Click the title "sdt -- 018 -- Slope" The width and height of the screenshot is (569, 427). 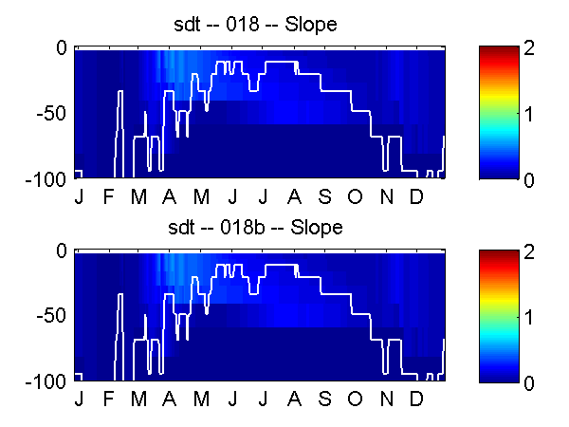255,25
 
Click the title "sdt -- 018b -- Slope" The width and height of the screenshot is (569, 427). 255,228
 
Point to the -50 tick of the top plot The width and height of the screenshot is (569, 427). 51,113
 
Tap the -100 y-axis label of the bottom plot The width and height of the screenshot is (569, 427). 46,382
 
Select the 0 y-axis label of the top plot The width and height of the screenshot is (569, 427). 62,48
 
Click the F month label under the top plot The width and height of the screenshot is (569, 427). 108,196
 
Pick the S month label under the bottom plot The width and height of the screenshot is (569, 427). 324,399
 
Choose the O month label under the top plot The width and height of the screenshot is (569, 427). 355,196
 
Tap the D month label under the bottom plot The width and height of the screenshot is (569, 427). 416,399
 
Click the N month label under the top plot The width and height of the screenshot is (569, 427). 387,196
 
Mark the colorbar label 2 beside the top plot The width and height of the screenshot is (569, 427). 529,48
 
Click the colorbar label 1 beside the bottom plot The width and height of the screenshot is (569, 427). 528,317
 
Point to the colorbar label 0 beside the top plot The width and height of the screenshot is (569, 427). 529,179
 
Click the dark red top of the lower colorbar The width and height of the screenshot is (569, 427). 499,254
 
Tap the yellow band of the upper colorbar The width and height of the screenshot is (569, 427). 499,93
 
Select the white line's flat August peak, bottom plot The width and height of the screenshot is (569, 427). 282,266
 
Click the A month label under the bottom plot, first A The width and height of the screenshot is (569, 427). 169,399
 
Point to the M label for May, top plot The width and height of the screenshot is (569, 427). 201,196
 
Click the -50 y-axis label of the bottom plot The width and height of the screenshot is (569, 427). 51,316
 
